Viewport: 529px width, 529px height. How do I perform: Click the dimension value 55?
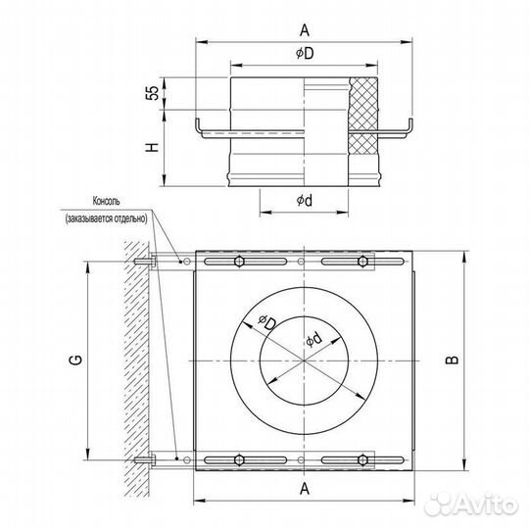pyautogui.click(x=153, y=93)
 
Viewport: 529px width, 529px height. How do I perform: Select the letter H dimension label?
pyautogui.click(x=152, y=147)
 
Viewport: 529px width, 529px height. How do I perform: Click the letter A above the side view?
pyautogui.click(x=305, y=30)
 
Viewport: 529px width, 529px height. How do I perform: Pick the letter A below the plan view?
pyautogui.click(x=305, y=488)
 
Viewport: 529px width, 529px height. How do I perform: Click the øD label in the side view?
pyautogui.click(x=305, y=53)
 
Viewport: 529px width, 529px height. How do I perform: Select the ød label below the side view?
pyautogui.click(x=305, y=201)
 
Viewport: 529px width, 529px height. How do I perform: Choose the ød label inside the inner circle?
pyautogui.click(x=313, y=339)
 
